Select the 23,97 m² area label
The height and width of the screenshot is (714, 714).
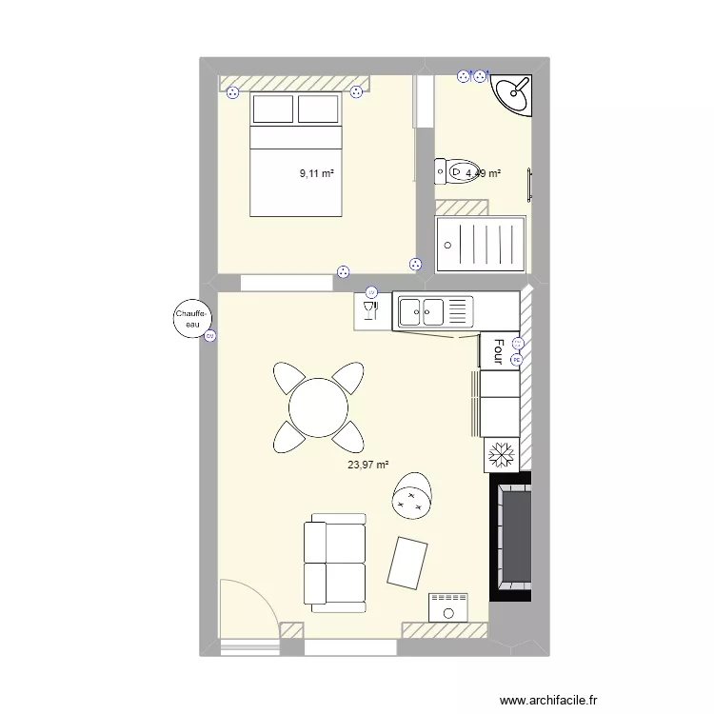[x=368, y=466]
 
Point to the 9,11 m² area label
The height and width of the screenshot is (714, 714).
[x=317, y=174]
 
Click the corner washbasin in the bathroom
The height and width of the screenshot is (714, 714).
[x=516, y=93]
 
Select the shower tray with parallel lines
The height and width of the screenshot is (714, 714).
[x=480, y=246]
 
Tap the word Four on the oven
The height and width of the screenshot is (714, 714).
[x=497, y=350]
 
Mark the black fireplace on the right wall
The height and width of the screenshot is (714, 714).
[x=512, y=538]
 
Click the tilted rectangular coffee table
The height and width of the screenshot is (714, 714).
[x=409, y=563]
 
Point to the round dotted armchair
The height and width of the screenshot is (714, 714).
[x=414, y=496]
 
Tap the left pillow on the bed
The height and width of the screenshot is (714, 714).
[x=272, y=109]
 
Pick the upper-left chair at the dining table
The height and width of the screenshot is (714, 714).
[x=289, y=379]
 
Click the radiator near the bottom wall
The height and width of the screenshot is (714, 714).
[x=449, y=606]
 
